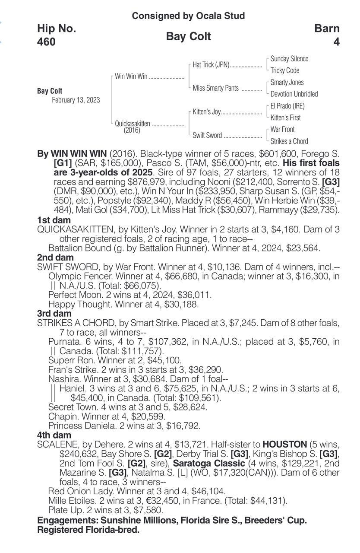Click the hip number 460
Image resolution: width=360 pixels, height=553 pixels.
point(46,42)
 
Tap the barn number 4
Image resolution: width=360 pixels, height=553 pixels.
point(336,42)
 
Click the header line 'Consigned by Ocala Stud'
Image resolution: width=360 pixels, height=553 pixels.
point(188,16)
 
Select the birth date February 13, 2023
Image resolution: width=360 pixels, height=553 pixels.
point(76,100)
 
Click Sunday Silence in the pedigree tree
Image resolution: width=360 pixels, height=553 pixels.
point(289,59)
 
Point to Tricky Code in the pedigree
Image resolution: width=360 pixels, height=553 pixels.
point(284,70)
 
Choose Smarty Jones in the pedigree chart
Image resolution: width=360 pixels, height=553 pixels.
point(287,82)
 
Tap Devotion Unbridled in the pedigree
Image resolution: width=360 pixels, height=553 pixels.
point(294,94)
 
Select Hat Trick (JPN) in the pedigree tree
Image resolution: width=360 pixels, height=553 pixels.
point(211,65)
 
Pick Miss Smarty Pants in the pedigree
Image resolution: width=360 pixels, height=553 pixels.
point(215,88)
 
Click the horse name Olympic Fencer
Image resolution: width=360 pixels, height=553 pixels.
point(74,276)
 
